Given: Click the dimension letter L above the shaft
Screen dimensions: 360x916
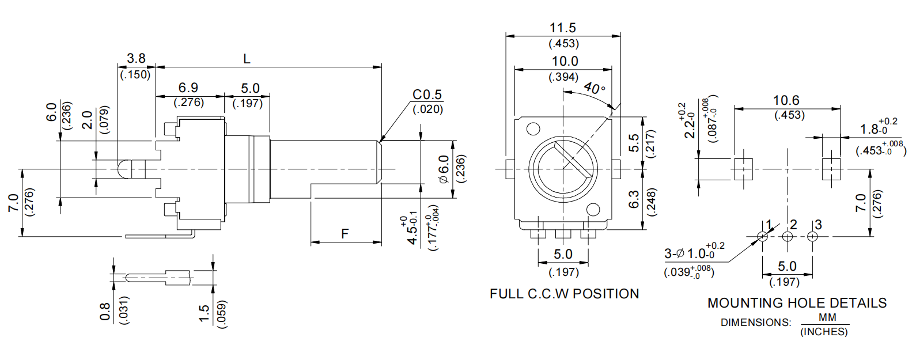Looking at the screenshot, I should point(247,59).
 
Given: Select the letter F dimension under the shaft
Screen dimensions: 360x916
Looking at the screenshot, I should point(345,234).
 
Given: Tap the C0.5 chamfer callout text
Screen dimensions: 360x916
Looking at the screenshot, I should point(427,94).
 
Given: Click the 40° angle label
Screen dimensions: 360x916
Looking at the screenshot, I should point(594,88).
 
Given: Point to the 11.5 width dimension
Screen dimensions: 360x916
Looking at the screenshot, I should point(563,28).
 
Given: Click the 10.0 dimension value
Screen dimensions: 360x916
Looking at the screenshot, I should point(565,61).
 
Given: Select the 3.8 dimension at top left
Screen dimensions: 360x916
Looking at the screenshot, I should point(136,58).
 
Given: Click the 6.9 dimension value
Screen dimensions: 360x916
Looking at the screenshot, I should point(188,88).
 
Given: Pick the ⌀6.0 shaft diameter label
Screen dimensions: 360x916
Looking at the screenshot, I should point(444,169).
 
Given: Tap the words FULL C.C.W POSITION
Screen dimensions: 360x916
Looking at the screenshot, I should point(564,294).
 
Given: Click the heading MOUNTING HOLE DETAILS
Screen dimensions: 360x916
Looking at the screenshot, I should point(797,303).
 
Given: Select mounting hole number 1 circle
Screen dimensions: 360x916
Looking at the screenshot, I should point(762,236).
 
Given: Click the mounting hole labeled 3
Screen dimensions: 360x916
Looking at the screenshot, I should point(812,236).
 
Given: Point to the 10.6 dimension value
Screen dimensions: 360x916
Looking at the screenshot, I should point(786,100).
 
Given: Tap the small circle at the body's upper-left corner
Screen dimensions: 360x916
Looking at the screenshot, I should point(533,128).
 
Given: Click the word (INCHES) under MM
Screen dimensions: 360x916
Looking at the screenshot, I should point(824,332).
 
